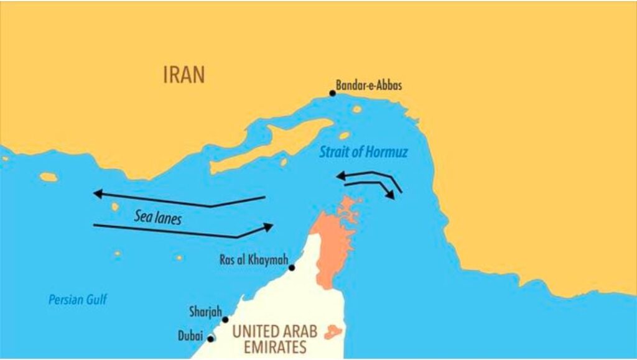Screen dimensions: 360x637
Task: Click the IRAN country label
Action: tap(184, 75)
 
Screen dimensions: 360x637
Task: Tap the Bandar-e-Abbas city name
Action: tap(369, 85)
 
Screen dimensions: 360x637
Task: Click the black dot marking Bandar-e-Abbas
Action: tap(333, 93)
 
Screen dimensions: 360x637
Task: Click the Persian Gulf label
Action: tap(78, 300)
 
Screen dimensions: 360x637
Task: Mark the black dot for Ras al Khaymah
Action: tap(291, 267)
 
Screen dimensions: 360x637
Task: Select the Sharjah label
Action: tap(205, 311)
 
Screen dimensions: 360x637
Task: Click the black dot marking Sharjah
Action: tap(225, 320)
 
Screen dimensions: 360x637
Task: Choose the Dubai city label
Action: tap(190, 336)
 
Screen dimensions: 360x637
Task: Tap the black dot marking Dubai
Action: tap(211, 339)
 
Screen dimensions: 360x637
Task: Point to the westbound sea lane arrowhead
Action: tap(98, 194)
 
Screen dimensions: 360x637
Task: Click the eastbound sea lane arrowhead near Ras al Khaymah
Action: tap(268, 227)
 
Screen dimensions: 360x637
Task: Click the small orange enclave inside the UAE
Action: tap(333, 331)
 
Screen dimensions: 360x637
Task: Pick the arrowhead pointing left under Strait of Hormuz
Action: tap(341, 177)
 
